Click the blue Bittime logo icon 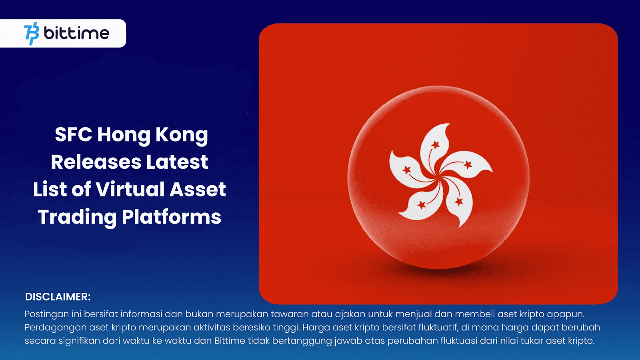coord(32,34)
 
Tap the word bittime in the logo coord(76,33)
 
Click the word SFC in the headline coord(73,135)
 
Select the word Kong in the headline coord(182,135)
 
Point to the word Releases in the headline coord(96,162)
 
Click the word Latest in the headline coord(177,162)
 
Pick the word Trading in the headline coord(77,217)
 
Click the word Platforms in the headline coord(171,217)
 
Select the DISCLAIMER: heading coord(58,297)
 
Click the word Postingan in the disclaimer coord(46,314)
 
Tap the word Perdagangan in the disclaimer coord(56,328)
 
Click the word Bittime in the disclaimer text coord(230,341)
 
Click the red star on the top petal coord(435,144)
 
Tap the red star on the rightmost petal coord(468,164)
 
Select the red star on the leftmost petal coord(407,170)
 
